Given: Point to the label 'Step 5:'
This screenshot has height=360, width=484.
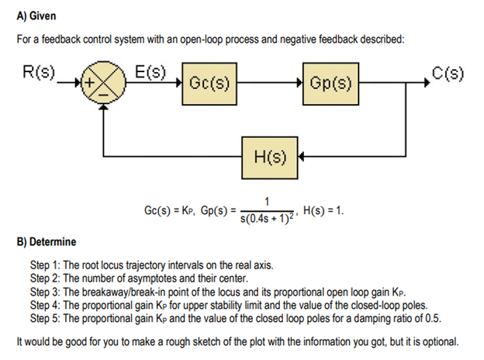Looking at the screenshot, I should click(46, 317).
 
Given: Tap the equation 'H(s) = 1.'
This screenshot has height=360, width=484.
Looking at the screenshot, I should click(323, 211).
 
